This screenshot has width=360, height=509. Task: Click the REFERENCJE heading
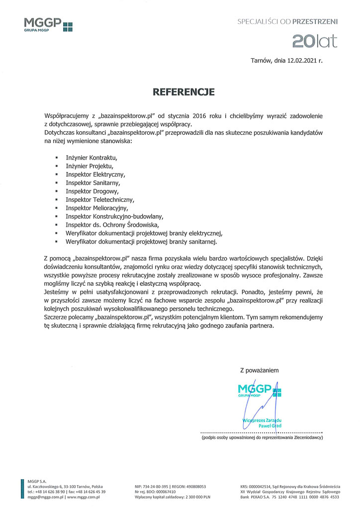pyautogui.click(x=183, y=92)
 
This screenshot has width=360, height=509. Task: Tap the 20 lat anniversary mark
pyautogui.click(x=314, y=41)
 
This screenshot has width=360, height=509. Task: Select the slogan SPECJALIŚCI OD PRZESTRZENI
pyautogui.click(x=287, y=22)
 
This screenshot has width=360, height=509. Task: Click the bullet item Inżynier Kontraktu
pyautogui.click(x=91, y=157)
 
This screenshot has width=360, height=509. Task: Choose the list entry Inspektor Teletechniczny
pyautogui.click(x=100, y=199)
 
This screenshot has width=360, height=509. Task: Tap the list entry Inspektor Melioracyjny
pyautogui.click(x=97, y=208)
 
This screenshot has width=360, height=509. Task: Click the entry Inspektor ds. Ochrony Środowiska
pyautogui.click(x=112, y=225)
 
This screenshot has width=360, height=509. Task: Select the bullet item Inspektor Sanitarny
pyautogui.click(x=93, y=182)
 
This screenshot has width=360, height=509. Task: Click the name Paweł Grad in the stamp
pyautogui.click(x=270, y=426)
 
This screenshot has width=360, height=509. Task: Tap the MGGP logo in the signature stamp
pyautogui.click(x=259, y=390)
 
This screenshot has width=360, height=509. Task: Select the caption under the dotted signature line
pyautogui.click(x=262, y=438)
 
